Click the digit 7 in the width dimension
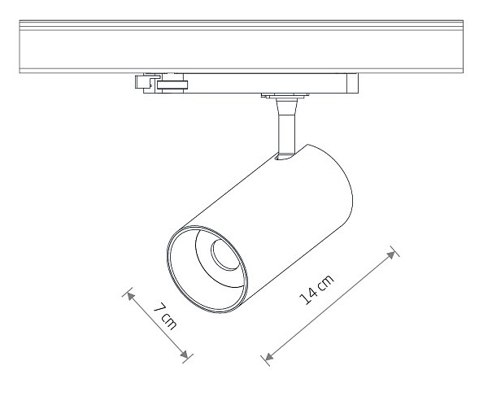click(x=159, y=307)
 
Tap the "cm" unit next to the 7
click(x=168, y=321)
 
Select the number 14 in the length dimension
click(x=307, y=296)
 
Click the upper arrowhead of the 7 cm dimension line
click(x=131, y=296)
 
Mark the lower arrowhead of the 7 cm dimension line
click(x=185, y=355)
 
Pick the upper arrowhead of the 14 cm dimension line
click(x=390, y=255)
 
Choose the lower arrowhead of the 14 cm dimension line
click(x=269, y=357)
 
